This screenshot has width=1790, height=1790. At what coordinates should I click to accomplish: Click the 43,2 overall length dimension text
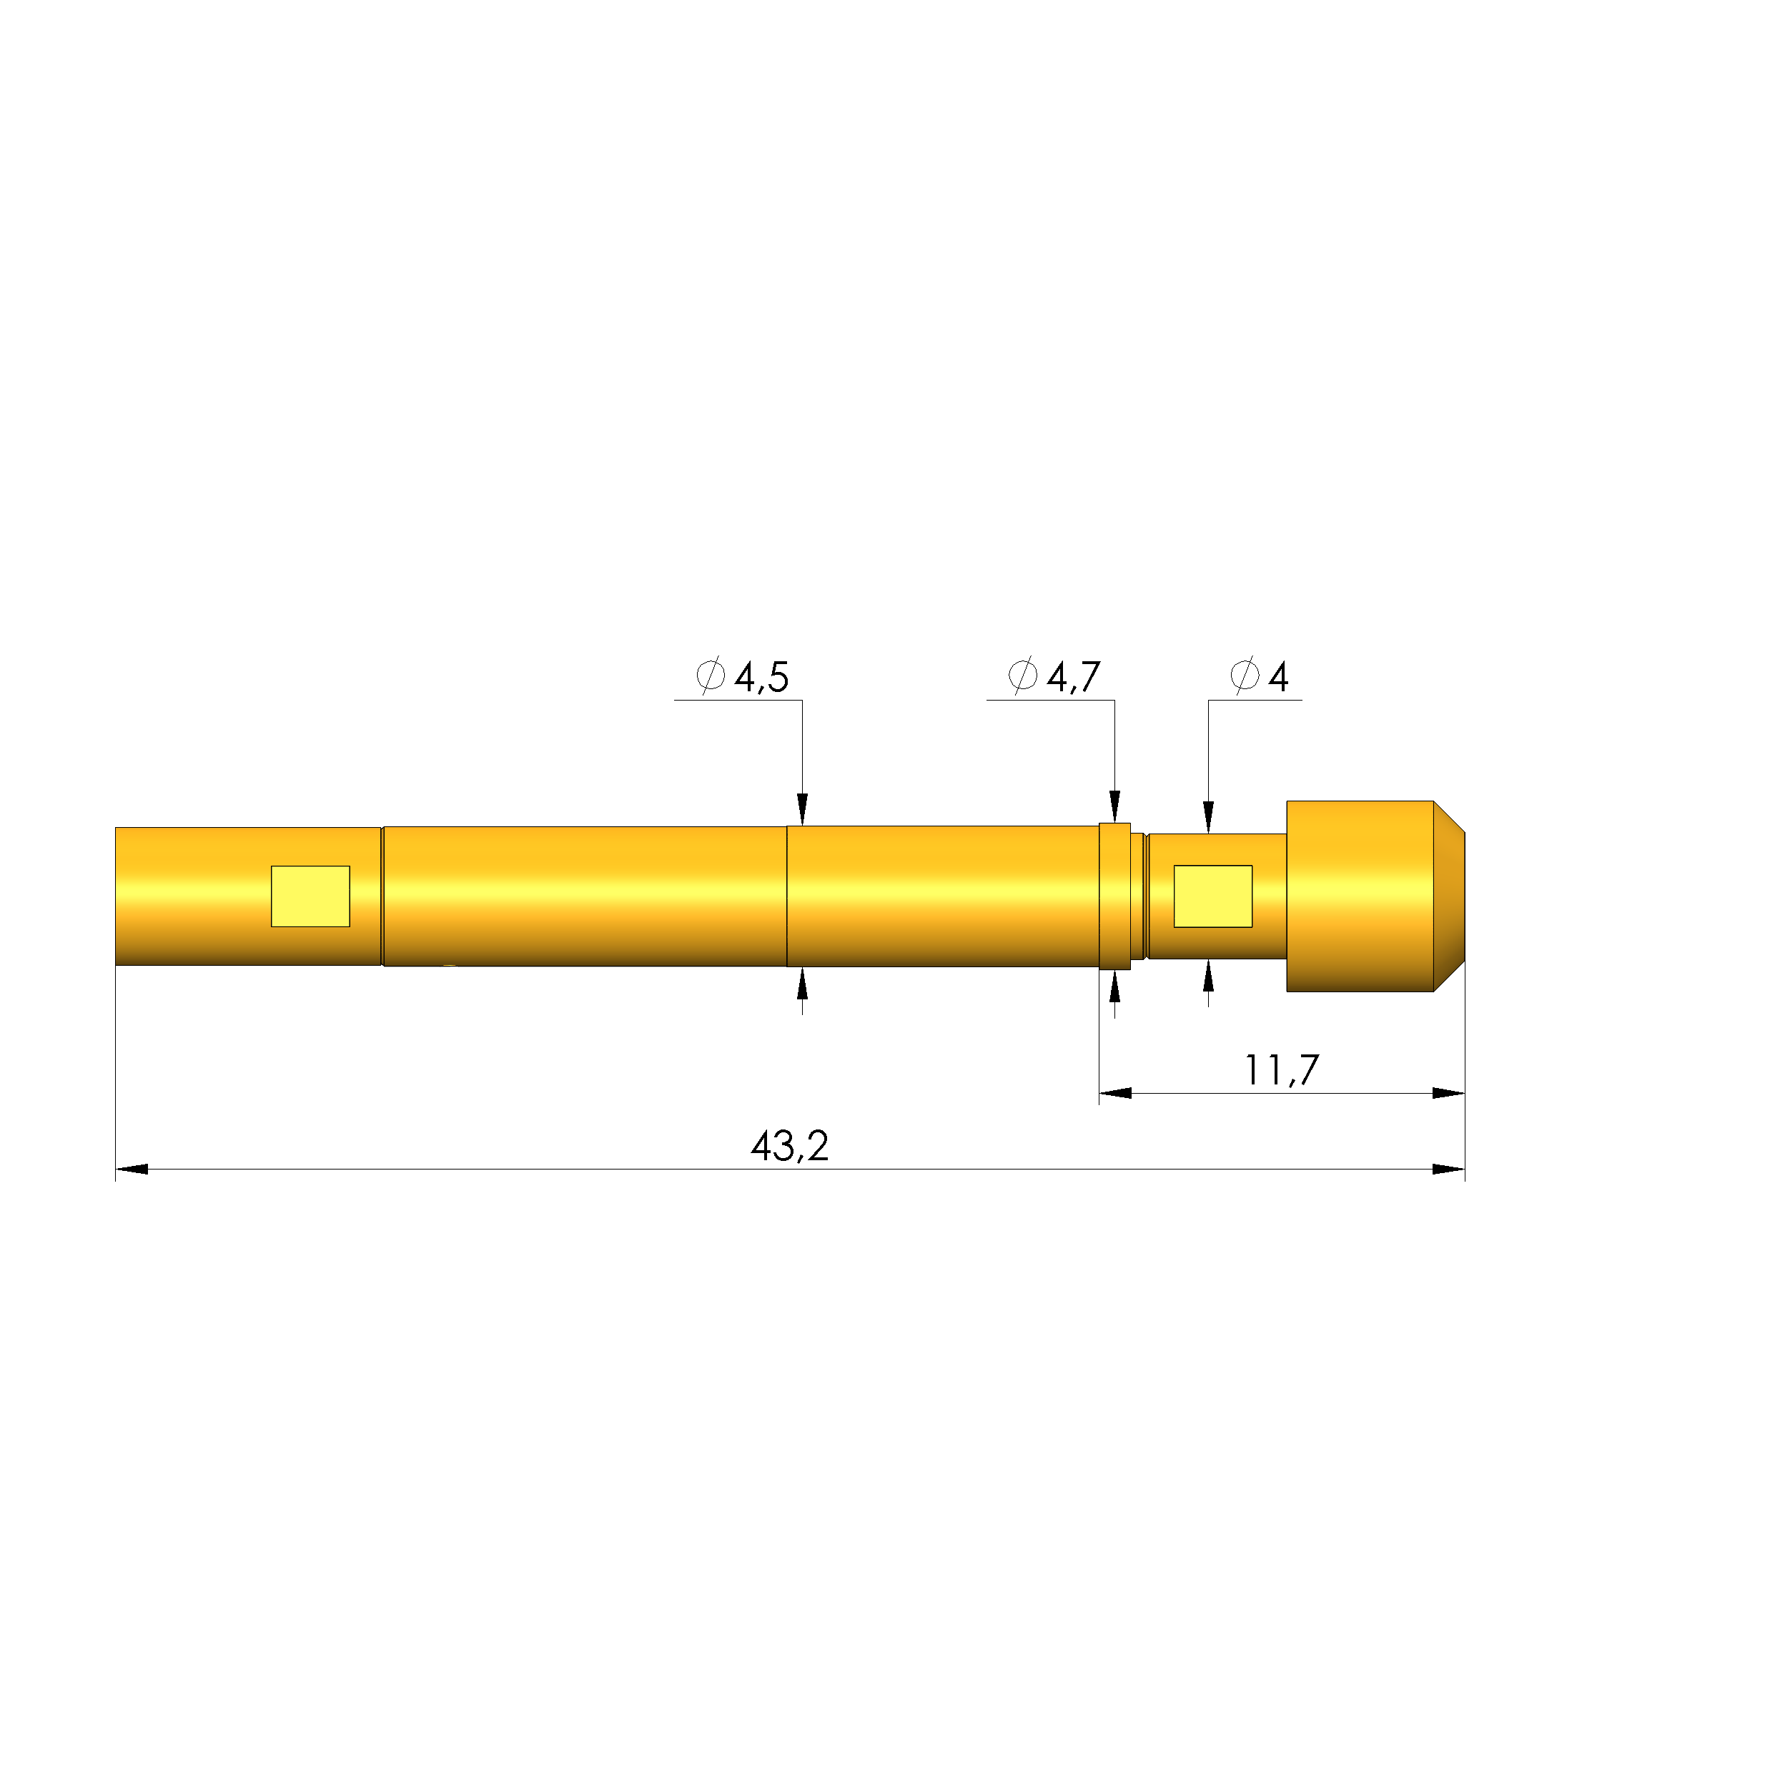click(x=789, y=1147)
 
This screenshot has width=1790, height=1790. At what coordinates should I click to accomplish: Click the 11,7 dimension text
click(x=1280, y=1070)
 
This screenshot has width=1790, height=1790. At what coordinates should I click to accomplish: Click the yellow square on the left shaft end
click(x=310, y=896)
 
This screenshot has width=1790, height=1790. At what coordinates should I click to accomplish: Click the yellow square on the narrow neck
click(x=1213, y=896)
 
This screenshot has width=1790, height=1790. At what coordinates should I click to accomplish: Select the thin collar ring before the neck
click(x=1114, y=896)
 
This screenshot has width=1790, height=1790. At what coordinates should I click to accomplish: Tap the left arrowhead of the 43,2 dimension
click(x=132, y=1170)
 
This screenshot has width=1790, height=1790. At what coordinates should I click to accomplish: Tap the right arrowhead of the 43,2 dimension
click(x=1448, y=1170)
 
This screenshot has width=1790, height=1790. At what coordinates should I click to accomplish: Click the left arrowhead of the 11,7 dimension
click(x=1115, y=1093)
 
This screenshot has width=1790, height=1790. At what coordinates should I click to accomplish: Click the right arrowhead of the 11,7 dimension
click(x=1448, y=1093)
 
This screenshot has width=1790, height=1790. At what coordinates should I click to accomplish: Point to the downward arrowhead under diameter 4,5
click(x=802, y=809)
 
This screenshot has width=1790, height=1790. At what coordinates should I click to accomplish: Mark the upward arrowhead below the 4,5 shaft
click(x=802, y=984)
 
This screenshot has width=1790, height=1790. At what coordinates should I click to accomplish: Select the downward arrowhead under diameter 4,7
click(x=1114, y=806)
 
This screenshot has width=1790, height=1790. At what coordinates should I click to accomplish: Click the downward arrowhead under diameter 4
click(x=1208, y=817)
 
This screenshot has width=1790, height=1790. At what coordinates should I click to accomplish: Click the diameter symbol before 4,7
click(x=1022, y=676)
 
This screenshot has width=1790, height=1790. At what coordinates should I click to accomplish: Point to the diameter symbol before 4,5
click(x=710, y=676)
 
